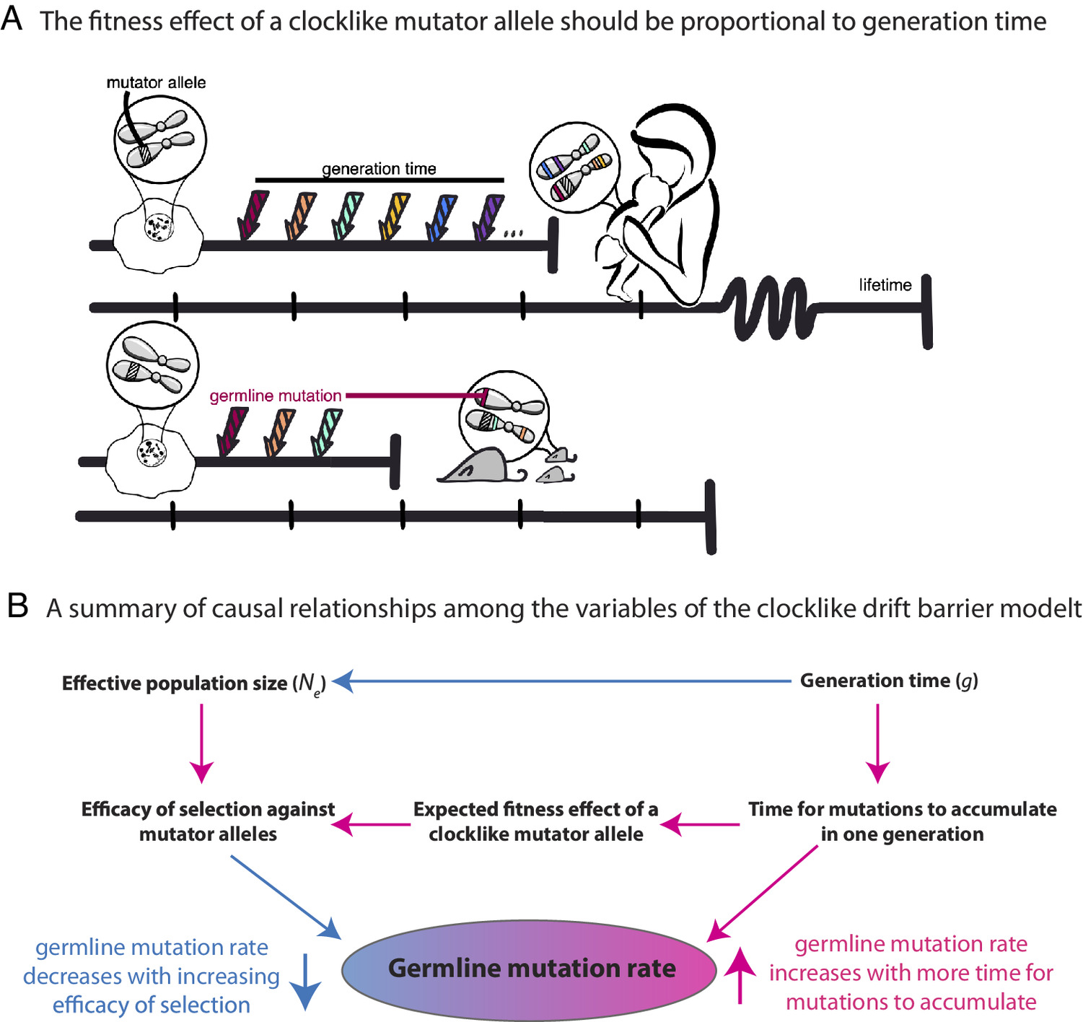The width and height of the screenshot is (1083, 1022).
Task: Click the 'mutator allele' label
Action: [156, 83]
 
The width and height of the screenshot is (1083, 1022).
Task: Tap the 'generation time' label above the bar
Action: [379, 169]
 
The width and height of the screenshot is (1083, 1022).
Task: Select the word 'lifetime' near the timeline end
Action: [885, 285]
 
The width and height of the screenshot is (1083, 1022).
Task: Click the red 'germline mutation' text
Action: [276, 396]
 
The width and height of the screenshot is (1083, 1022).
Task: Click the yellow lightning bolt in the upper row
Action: [393, 216]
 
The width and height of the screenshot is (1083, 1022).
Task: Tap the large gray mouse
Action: [477, 466]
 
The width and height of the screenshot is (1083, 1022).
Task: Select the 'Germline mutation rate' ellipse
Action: [530, 969]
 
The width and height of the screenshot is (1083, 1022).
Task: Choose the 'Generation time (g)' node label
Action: [889, 681]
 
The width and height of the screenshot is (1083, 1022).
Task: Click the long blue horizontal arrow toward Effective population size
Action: [563, 681]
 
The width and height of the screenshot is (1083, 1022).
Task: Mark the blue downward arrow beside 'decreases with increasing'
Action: [306, 981]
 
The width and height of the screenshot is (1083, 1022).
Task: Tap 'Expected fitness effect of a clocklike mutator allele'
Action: [535, 821]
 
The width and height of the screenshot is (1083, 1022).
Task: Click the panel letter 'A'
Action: [12, 19]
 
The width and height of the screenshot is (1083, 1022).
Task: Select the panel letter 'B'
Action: [17, 606]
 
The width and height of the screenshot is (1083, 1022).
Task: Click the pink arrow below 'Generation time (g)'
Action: [877, 743]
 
